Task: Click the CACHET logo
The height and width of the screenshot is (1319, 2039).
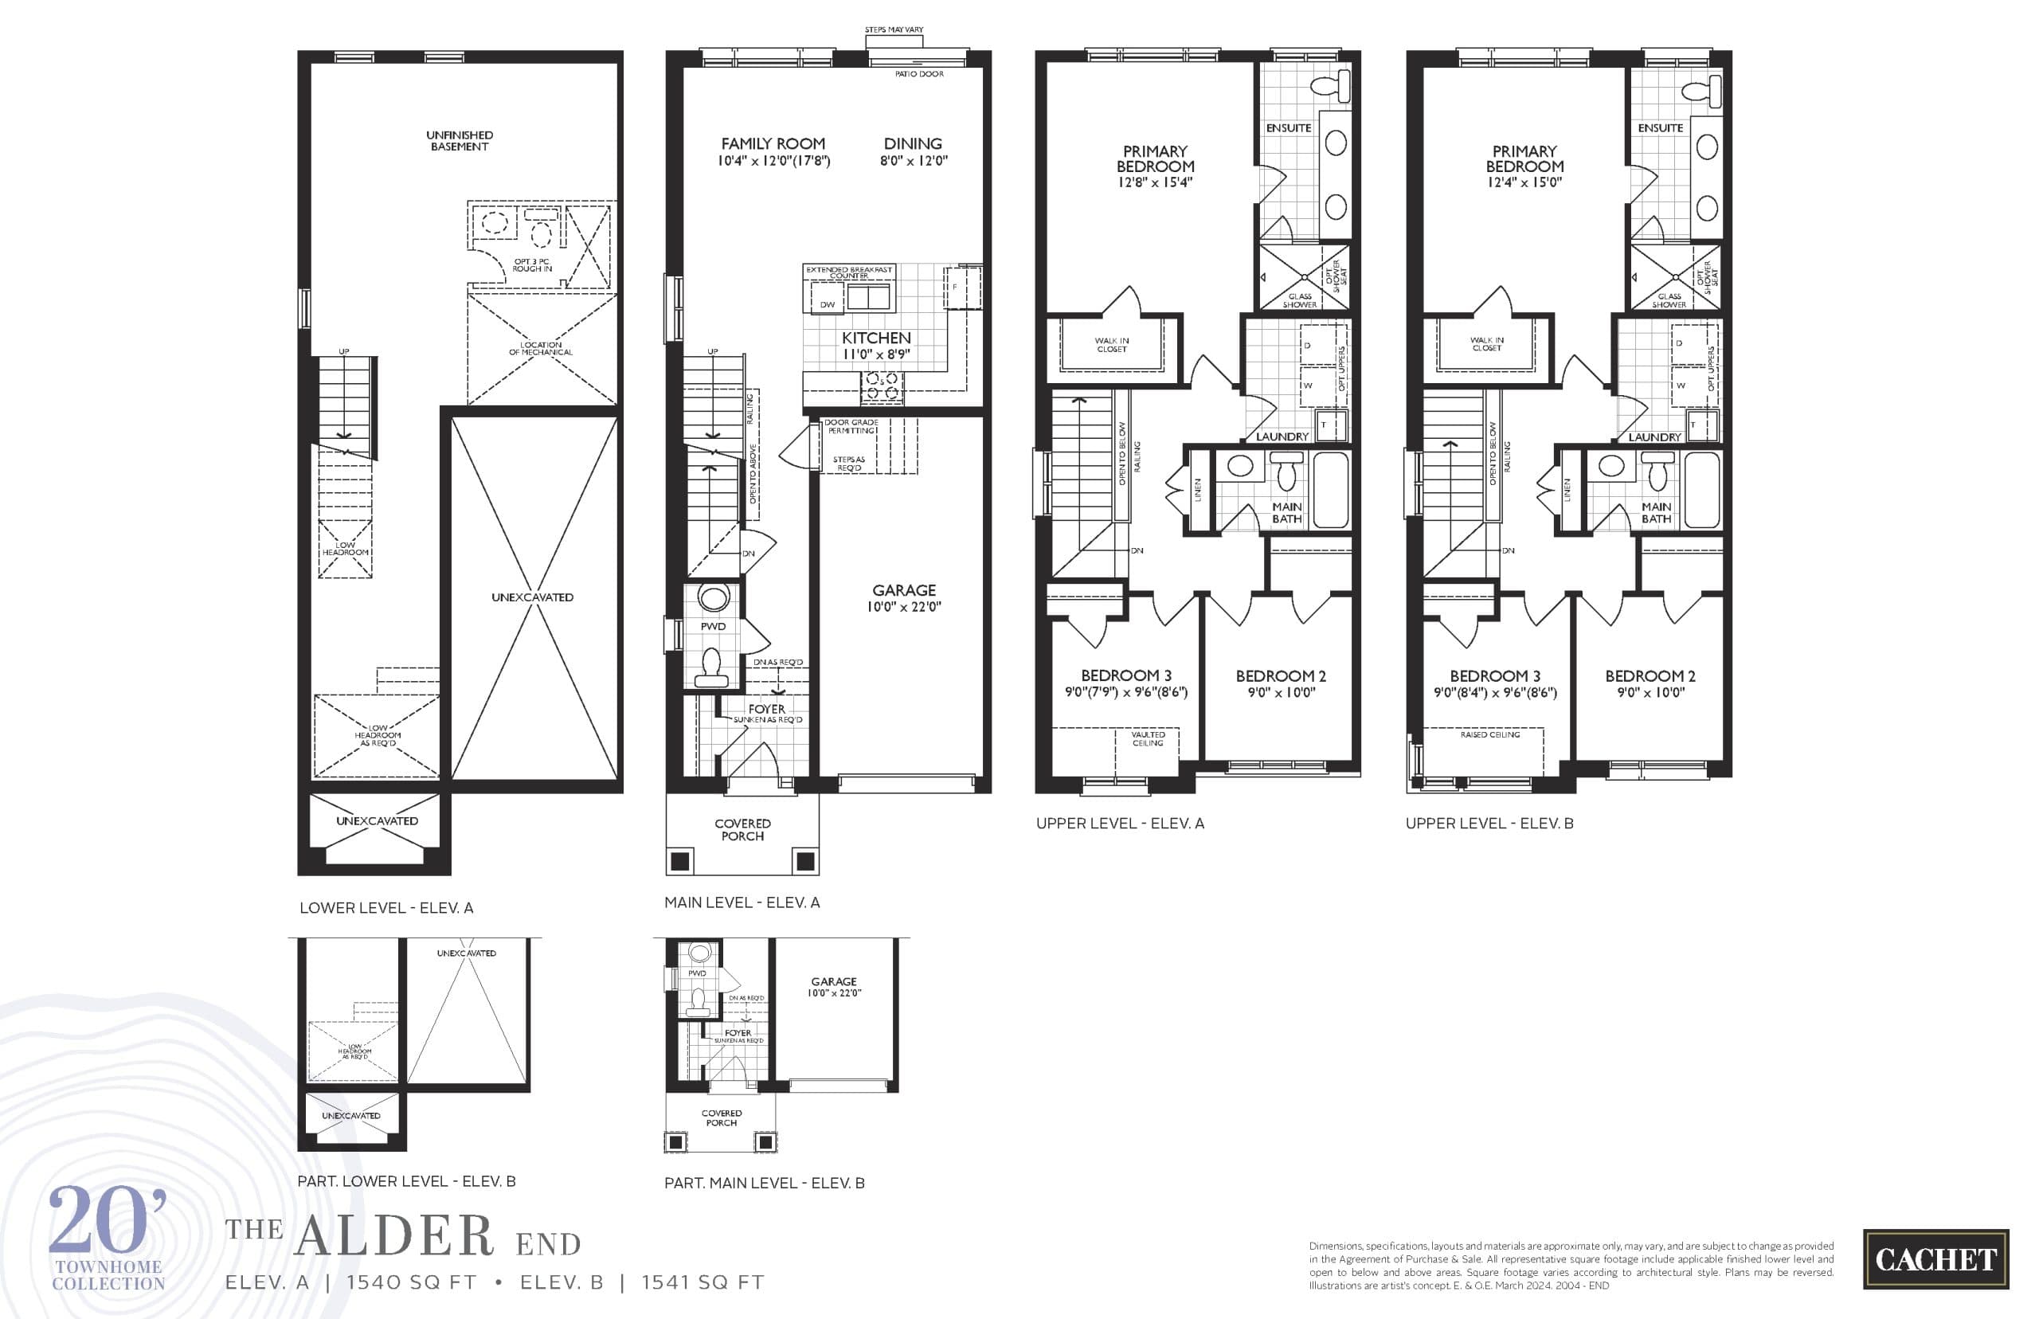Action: [x=1935, y=1259]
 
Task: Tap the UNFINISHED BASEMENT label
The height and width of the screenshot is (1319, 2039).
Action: [x=459, y=140]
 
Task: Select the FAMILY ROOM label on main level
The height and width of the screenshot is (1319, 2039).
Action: [x=773, y=144]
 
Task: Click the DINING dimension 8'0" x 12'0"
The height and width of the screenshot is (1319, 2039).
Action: [x=913, y=161]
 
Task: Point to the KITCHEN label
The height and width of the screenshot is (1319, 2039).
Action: [x=875, y=339]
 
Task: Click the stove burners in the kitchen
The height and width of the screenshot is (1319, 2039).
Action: [x=881, y=386]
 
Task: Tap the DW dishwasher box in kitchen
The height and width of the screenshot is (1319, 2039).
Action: [x=828, y=305]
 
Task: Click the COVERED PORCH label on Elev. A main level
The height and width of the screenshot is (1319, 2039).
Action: [x=742, y=829]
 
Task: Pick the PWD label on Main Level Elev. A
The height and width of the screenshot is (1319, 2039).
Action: [x=713, y=626]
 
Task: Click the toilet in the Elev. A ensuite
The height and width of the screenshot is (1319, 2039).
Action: [x=1330, y=87]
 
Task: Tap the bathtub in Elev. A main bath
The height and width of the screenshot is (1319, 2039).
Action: [x=1330, y=490]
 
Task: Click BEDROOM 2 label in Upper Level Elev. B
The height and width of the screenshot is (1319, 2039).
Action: [x=1650, y=675]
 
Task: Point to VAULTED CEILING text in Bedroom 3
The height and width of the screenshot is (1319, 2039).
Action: [x=1148, y=738]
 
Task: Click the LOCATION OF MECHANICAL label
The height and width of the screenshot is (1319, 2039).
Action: [x=540, y=349]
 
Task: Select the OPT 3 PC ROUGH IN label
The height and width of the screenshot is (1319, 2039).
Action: [x=532, y=264]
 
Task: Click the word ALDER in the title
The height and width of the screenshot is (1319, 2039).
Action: [x=394, y=1236]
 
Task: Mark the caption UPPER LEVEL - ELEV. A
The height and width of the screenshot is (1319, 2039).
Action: [x=1119, y=823]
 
